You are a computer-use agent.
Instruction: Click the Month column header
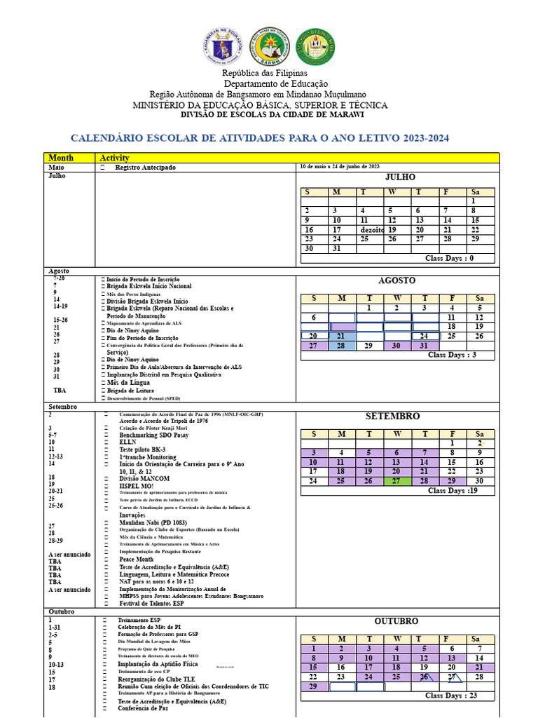point(61,158)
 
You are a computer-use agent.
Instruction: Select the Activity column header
point(114,158)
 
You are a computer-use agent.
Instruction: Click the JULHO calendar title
point(400,177)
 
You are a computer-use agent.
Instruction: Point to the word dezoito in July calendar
point(371,229)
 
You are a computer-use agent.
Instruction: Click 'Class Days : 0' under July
point(450,258)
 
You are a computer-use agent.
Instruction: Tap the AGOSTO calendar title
point(396,280)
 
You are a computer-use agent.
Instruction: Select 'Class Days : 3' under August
point(452,355)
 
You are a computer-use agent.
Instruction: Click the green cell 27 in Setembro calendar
point(397,481)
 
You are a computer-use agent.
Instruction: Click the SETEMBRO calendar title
point(392,416)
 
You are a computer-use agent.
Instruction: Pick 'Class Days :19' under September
point(452,491)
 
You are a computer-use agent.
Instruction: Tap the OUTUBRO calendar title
point(396,621)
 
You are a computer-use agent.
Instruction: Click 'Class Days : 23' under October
point(452,696)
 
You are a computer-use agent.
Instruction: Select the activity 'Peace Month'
point(137,560)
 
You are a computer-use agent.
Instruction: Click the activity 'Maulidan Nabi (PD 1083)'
point(154,522)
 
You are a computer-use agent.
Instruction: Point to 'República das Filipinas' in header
point(265,73)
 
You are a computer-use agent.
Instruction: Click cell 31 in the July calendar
point(342,248)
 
